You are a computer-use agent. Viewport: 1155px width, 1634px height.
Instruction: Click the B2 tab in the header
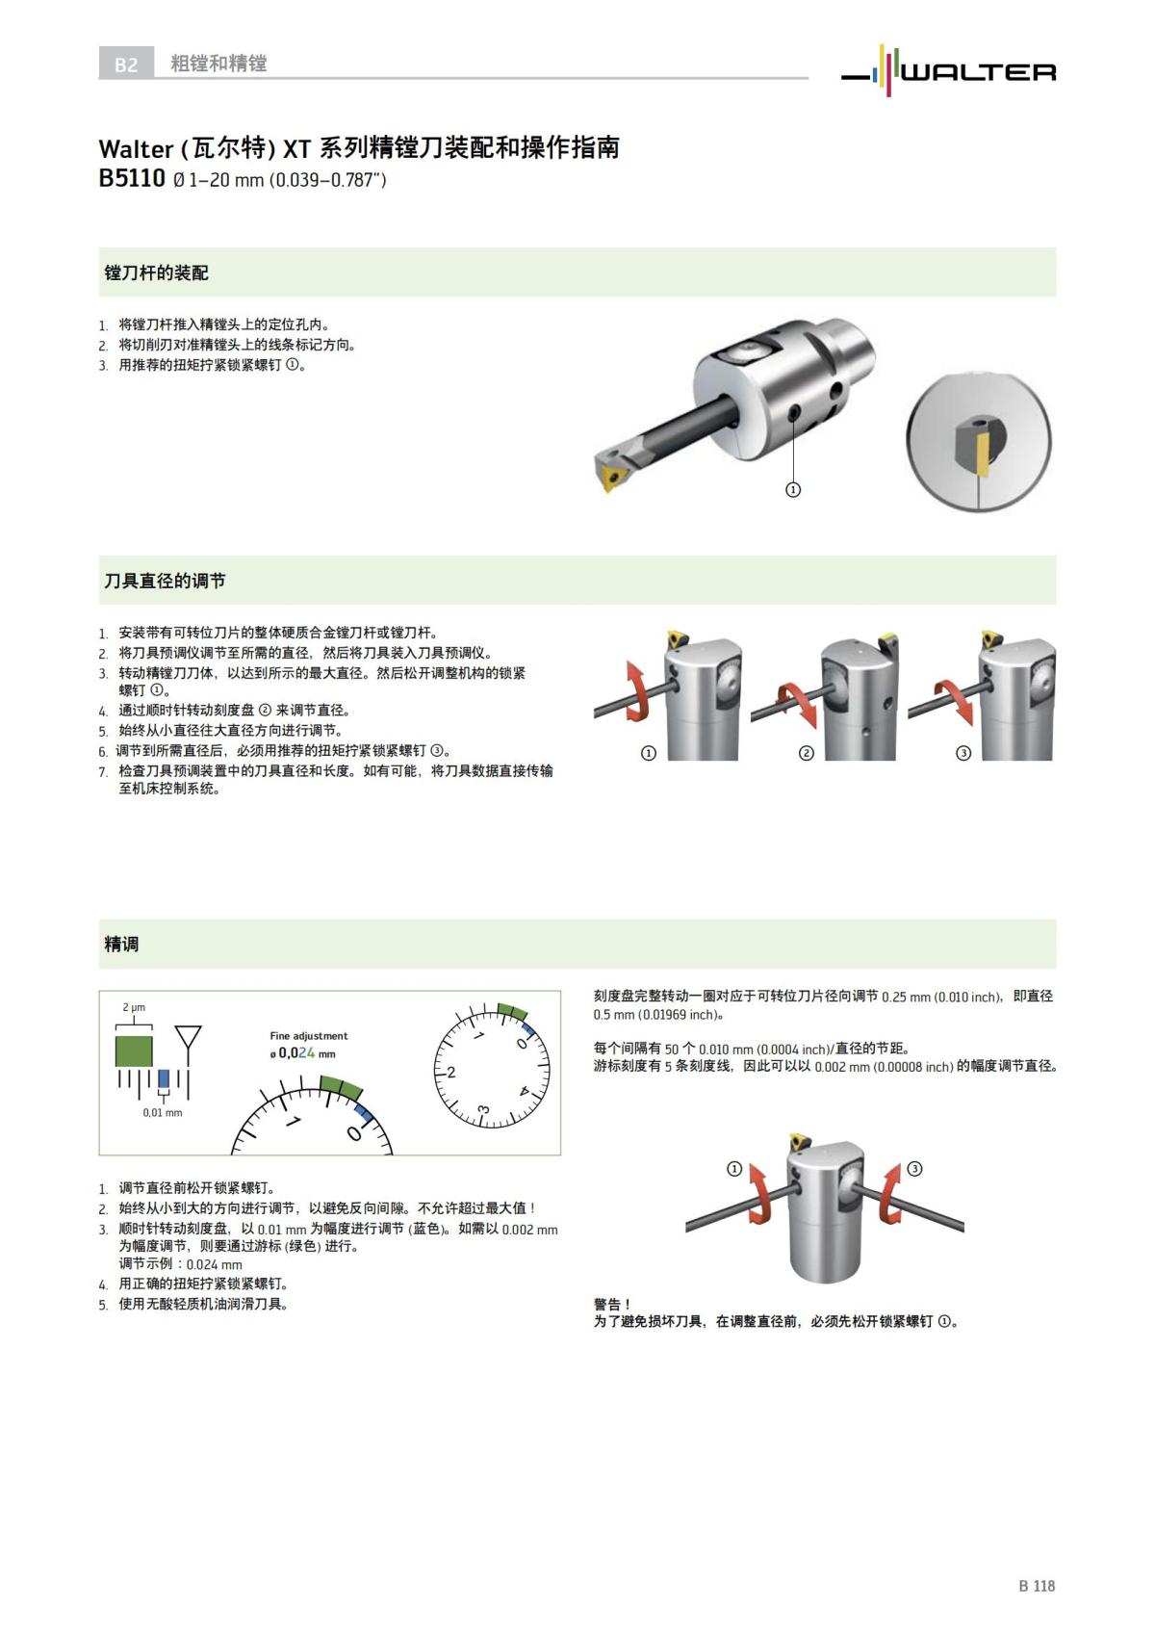[x=126, y=65]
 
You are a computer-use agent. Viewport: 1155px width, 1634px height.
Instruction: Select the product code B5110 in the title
[x=132, y=179]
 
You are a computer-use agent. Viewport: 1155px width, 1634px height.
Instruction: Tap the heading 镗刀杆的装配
[x=156, y=273]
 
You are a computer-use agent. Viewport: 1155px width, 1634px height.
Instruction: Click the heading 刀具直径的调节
[x=165, y=582]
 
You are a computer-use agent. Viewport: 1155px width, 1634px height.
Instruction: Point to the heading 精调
[x=121, y=945]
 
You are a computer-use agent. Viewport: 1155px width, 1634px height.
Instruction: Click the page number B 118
[x=1037, y=1586]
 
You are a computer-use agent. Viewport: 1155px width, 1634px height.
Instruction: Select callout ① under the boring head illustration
[x=793, y=490]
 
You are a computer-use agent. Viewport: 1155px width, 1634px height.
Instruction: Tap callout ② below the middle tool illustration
[x=807, y=753]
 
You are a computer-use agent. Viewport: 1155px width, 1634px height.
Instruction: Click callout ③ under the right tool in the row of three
[x=963, y=753]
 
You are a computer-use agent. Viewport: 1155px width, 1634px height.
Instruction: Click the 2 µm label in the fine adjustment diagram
[x=134, y=1007]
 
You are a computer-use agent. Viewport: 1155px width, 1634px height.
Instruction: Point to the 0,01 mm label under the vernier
[x=162, y=1113]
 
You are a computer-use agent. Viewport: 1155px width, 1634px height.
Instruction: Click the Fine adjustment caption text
[x=308, y=1036]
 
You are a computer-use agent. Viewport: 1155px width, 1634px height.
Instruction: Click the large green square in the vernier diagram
[x=134, y=1050]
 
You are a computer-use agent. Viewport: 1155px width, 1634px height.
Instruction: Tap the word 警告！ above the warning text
[x=612, y=1304]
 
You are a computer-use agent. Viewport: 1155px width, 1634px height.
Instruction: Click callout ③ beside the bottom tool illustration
[x=914, y=1169]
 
